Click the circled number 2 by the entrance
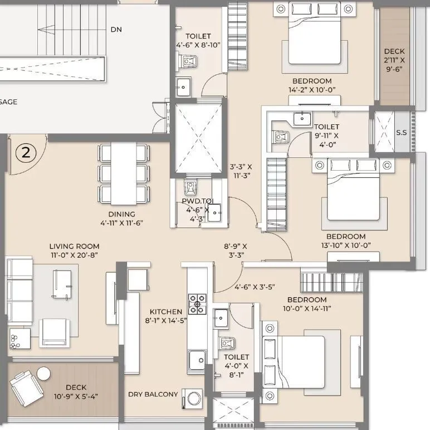click(x=26, y=153)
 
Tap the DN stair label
click(x=116, y=30)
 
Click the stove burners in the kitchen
click(x=197, y=304)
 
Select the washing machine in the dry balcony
click(x=193, y=398)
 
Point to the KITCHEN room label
click(x=166, y=312)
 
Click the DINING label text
click(x=122, y=214)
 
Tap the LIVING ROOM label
click(x=74, y=247)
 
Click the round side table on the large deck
click(x=43, y=374)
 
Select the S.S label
click(x=402, y=133)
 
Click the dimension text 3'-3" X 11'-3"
click(x=241, y=171)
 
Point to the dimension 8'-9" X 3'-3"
click(x=236, y=251)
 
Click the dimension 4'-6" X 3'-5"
click(x=255, y=287)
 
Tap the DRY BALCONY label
click(x=153, y=394)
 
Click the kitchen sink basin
click(x=197, y=360)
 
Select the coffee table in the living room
click(x=62, y=284)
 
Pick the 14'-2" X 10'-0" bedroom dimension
click(x=312, y=90)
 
